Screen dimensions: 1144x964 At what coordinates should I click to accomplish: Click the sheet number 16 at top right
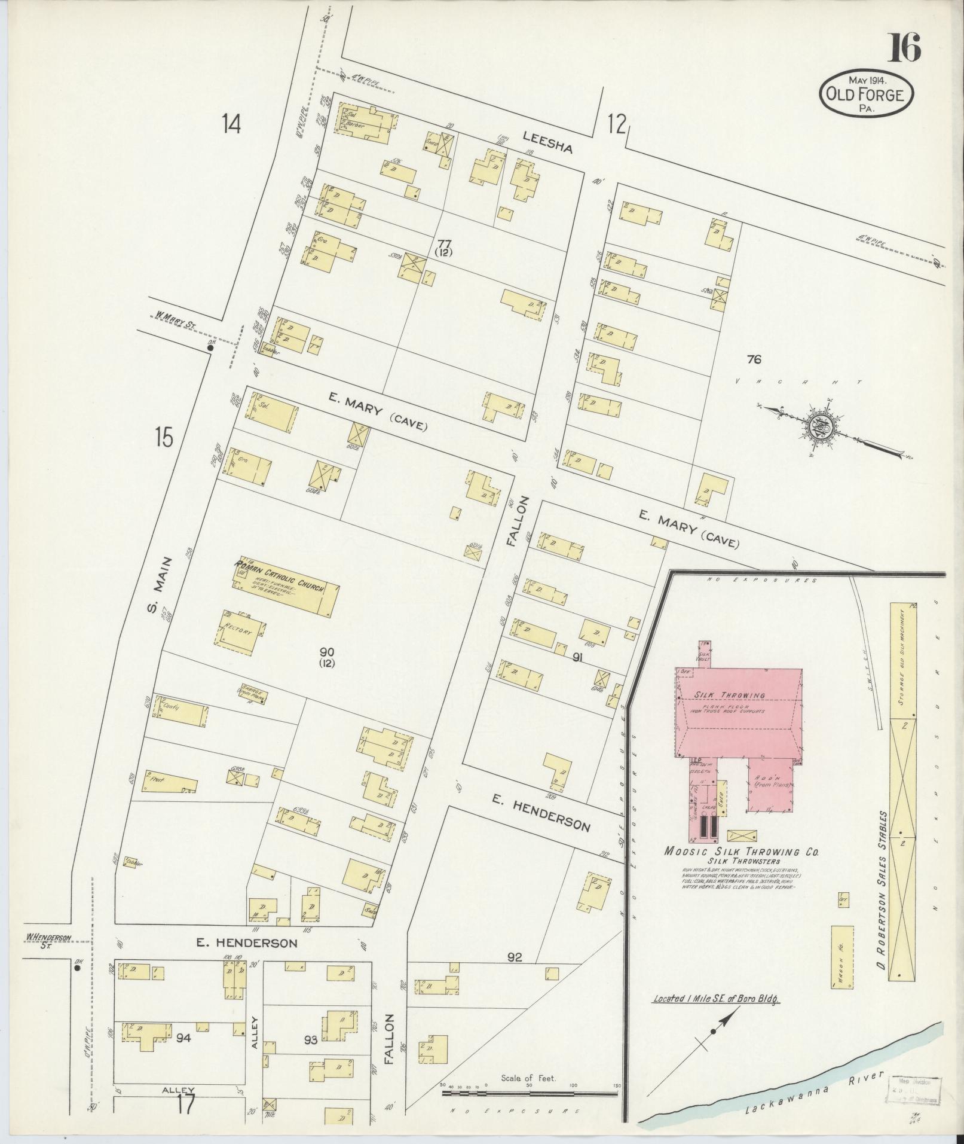pyautogui.click(x=903, y=48)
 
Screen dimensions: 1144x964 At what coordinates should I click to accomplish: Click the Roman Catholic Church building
pyautogui.click(x=286, y=588)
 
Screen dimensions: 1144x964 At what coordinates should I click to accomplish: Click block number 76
pyautogui.click(x=754, y=359)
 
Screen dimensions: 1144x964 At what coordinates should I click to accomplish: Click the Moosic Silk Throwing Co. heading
pyautogui.click(x=742, y=852)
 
